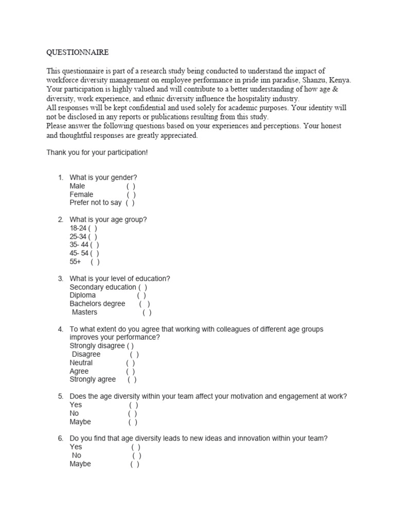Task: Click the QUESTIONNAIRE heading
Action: click(x=77, y=53)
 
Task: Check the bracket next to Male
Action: click(x=131, y=186)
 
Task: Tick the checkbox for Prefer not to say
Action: click(x=130, y=203)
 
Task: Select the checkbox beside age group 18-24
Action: click(x=93, y=229)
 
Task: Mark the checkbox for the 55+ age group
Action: click(x=95, y=262)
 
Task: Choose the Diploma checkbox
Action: click(x=141, y=296)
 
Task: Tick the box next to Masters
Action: click(x=147, y=312)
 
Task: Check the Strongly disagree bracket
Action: click(x=130, y=346)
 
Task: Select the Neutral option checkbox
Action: click(x=130, y=363)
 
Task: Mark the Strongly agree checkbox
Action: click(x=132, y=380)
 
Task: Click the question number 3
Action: click(x=60, y=279)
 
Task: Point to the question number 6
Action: click(x=60, y=438)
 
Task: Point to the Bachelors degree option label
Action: click(x=97, y=304)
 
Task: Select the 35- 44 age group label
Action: click(x=79, y=245)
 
